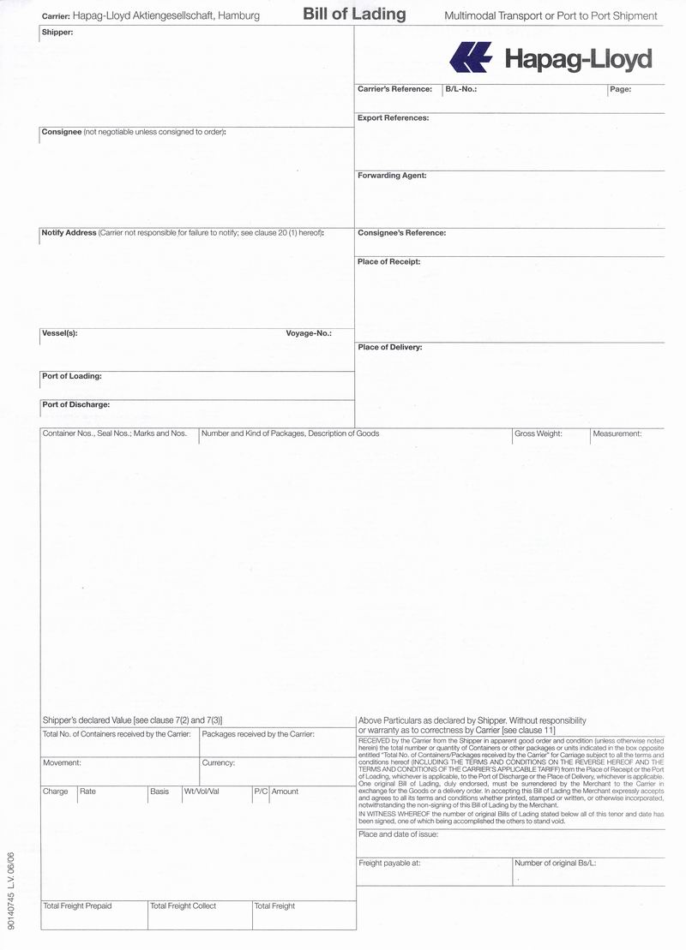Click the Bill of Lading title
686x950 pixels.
[x=354, y=15]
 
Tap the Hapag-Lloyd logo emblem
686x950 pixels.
[x=471, y=57]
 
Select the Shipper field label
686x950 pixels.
[x=57, y=33]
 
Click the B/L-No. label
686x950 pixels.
[x=460, y=89]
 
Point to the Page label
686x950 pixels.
[x=621, y=89]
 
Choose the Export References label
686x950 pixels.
[x=393, y=118]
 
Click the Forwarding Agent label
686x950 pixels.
[x=392, y=176]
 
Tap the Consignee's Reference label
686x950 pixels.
[x=401, y=233]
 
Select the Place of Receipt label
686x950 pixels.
[x=388, y=262]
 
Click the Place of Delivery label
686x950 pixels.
[x=389, y=348]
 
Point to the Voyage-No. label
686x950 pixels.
[x=309, y=333]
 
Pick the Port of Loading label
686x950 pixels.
[x=71, y=376]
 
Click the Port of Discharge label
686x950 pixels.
[x=75, y=404]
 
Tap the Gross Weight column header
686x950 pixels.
[x=538, y=434]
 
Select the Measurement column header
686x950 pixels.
[x=617, y=434]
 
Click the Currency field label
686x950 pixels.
[x=218, y=762]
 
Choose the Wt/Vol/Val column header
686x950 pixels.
[x=202, y=792]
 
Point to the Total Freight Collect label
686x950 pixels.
[x=183, y=905]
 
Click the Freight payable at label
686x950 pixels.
[x=389, y=863]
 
